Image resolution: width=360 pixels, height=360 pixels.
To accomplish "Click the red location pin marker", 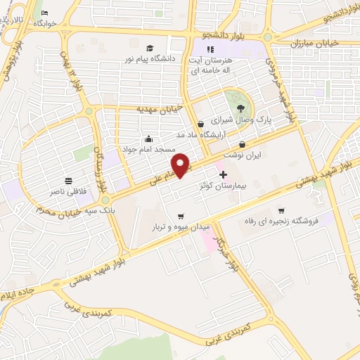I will tap(181, 165).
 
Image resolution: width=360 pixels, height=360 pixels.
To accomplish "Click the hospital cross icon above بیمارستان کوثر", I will tap(223, 173).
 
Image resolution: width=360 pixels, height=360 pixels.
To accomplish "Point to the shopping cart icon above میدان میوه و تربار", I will tap(182, 216).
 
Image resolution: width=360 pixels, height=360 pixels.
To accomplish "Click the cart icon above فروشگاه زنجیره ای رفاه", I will tap(281, 210).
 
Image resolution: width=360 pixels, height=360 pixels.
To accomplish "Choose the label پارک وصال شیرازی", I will tap(243, 120).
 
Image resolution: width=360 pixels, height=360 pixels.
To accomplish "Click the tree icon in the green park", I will tap(242, 107).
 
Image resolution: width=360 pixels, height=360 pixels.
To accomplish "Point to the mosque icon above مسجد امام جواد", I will tap(148, 138).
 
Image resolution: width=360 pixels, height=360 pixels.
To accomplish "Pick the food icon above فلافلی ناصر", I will tap(68, 179).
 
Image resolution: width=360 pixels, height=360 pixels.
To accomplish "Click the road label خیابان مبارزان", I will tap(319, 43).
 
